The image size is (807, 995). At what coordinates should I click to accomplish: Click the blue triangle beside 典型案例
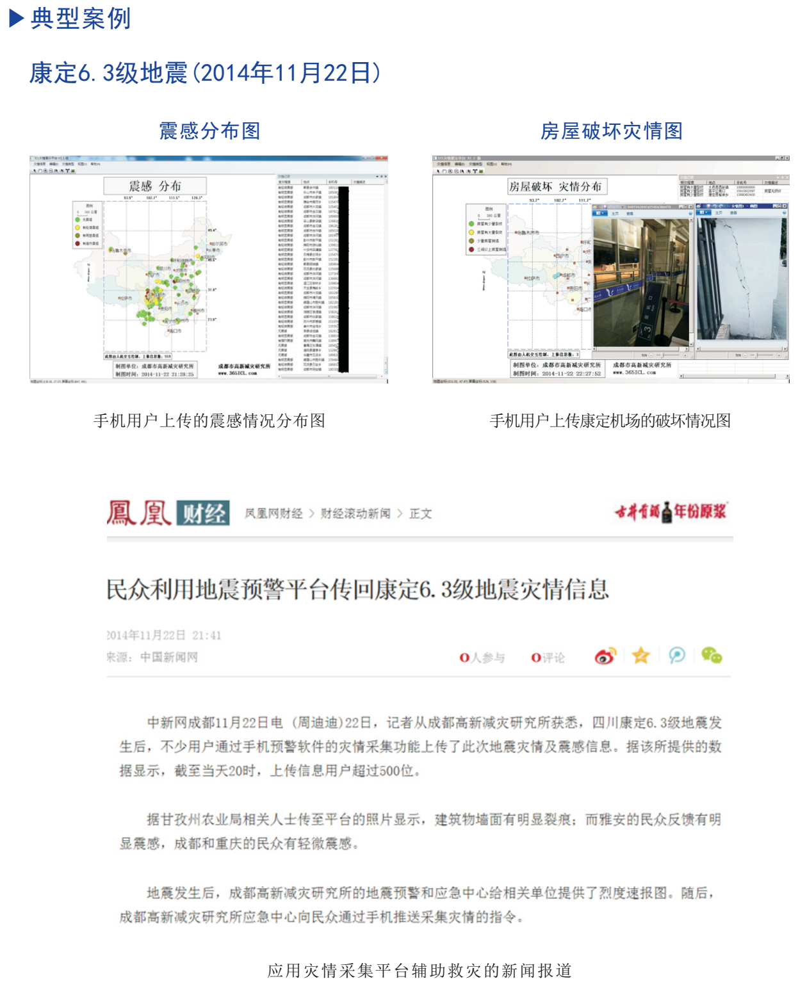[x=17, y=19]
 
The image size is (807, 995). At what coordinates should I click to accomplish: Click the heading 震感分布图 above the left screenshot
[x=209, y=131]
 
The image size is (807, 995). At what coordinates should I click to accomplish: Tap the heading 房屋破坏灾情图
[x=611, y=131]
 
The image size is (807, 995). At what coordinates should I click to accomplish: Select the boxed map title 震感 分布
[x=155, y=186]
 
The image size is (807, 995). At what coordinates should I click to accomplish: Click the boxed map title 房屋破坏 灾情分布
[x=555, y=187]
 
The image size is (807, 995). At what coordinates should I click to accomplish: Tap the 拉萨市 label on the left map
[x=125, y=298]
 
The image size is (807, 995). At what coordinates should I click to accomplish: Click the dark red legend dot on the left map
[x=78, y=243]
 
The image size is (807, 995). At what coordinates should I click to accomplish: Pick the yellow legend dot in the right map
[x=472, y=232]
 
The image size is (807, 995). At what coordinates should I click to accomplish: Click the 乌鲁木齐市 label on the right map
[x=529, y=233]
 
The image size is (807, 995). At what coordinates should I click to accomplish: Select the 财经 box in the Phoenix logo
[x=203, y=514]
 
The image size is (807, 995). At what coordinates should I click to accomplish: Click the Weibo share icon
[x=605, y=656]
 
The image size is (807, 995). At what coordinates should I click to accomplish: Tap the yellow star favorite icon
[x=640, y=656]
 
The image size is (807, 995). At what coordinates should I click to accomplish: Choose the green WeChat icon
[x=711, y=656]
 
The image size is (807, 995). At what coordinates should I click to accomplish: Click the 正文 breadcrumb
[x=421, y=514]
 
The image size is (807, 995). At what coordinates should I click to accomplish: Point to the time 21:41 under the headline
[x=206, y=635]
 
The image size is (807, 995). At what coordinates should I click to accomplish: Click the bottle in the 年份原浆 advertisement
[x=667, y=512]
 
